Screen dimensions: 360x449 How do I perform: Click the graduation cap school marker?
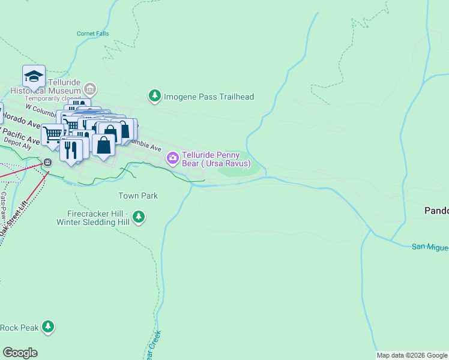click(34, 77)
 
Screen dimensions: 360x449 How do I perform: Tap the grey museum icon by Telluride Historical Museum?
click(90, 90)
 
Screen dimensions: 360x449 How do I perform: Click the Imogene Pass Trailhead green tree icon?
click(155, 96)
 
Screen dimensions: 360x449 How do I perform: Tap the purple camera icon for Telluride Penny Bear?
click(172, 158)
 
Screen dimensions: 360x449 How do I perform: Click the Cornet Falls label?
click(93, 34)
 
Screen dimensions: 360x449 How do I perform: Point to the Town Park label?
click(137, 196)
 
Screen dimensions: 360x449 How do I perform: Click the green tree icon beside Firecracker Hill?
click(139, 216)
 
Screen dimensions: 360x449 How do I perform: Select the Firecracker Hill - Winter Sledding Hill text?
click(93, 218)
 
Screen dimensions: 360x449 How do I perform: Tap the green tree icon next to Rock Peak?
click(48, 327)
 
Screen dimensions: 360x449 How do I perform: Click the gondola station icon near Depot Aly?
click(47, 163)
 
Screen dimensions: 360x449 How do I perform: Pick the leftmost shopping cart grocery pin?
click(53, 134)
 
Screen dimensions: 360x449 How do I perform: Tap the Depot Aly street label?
click(18, 145)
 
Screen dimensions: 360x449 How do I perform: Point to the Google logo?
click(20, 353)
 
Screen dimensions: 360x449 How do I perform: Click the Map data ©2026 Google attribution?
click(411, 355)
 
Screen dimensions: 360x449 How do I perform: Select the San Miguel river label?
click(430, 247)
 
